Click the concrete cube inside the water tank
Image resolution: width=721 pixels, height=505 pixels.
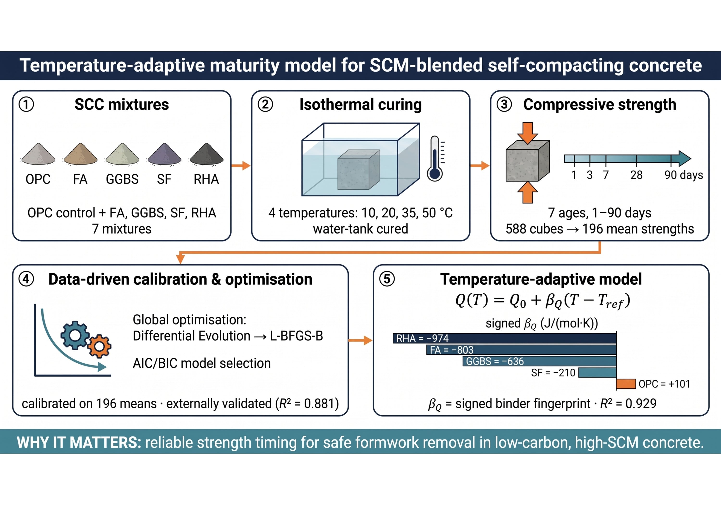pyautogui.click(x=359, y=170)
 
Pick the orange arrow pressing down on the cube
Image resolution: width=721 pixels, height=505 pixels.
pyautogui.click(x=528, y=133)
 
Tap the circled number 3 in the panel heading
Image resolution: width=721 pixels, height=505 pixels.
pyautogui.click(x=504, y=104)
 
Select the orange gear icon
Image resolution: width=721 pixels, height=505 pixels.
pyautogui.click(x=99, y=346)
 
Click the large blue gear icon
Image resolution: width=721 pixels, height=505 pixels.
pyautogui.click(x=75, y=335)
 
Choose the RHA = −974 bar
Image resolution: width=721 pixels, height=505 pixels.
pyautogui.click(x=505, y=338)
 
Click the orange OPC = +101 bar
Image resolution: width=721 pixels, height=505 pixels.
pyautogui.click(x=626, y=384)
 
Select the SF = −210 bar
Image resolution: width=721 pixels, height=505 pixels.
pyautogui.click(x=597, y=372)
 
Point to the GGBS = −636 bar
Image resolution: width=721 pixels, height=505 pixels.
pyautogui.click(x=540, y=361)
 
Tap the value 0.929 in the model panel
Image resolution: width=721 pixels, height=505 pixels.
pyautogui.click(x=641, y=404)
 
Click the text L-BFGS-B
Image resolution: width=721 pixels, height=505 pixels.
pyautogui.click(x=296, y=336)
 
